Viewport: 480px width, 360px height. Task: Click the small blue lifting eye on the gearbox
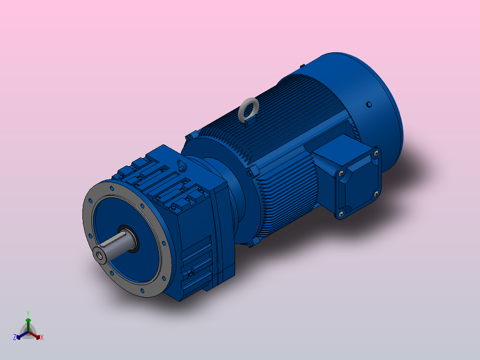coord(183,164)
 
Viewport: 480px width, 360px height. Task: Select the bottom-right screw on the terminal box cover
coord(376,194)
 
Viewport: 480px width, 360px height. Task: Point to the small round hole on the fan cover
coord(368,105)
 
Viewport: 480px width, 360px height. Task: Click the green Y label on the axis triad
coord(28,313)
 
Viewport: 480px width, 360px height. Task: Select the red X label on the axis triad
coord(42,338)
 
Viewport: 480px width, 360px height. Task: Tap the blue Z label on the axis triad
coord(15,337)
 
